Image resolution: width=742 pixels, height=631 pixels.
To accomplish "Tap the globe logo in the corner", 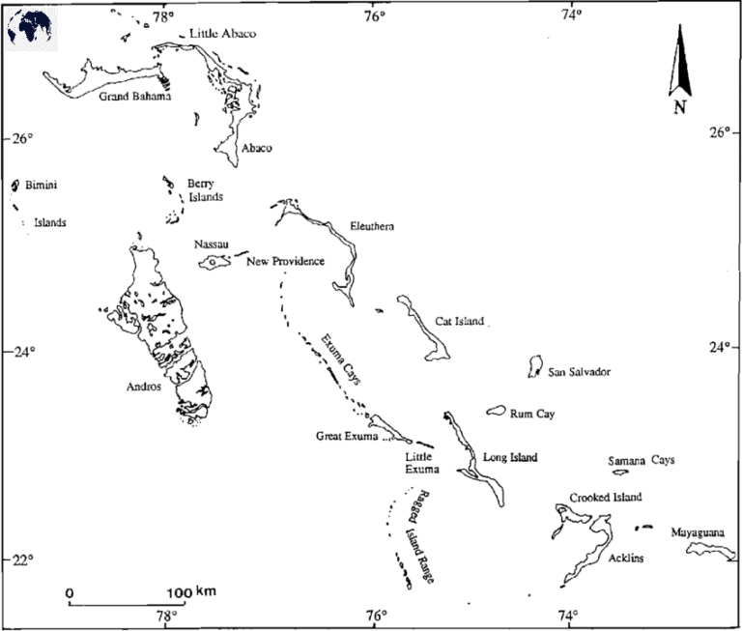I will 29,29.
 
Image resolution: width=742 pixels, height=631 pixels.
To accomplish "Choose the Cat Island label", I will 459,322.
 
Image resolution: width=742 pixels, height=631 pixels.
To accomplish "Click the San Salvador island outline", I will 534,366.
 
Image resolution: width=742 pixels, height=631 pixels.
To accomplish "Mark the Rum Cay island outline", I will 497,412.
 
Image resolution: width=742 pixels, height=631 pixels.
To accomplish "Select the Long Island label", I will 509,457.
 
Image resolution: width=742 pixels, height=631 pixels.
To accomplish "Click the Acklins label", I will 627,559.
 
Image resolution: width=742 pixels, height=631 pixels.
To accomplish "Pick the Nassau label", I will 210,244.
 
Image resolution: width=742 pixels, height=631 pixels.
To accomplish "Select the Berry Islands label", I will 205,189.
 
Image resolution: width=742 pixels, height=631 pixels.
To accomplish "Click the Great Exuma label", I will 347,437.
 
